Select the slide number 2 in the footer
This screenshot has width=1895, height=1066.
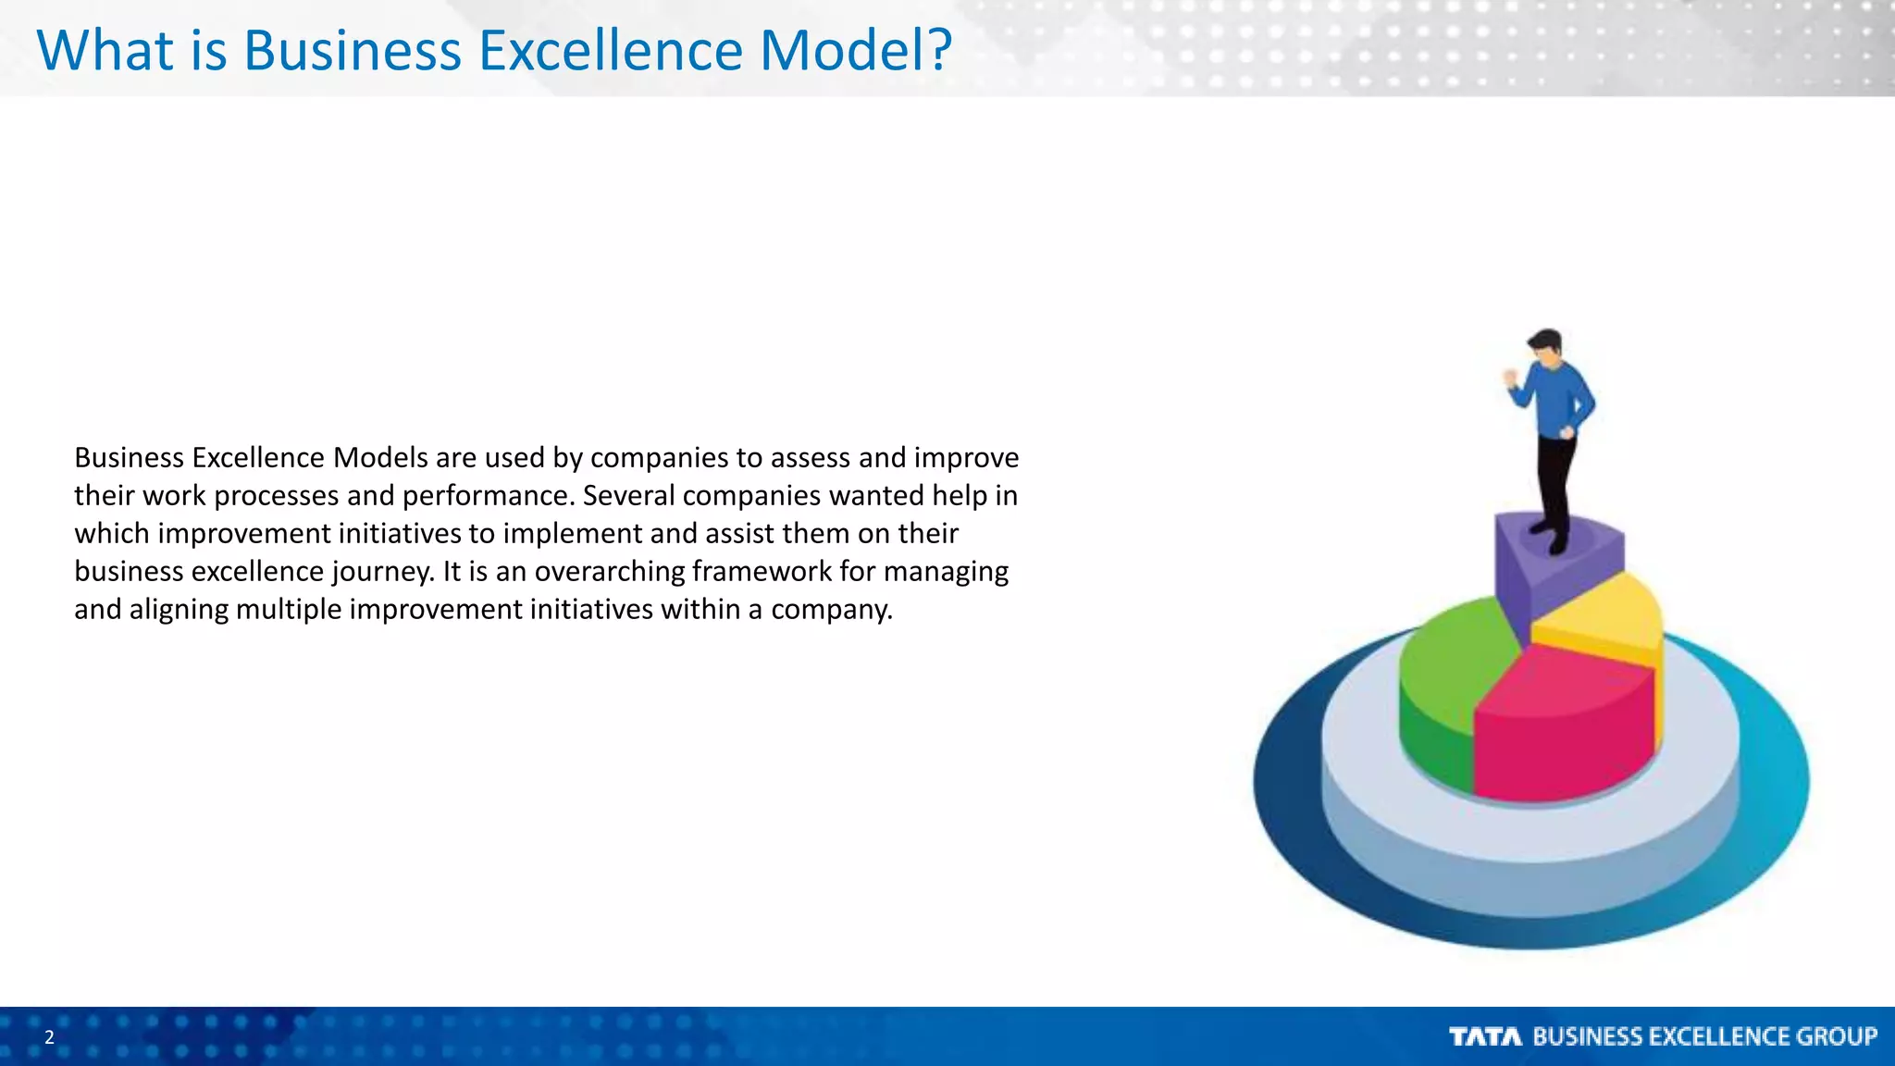pos(50,1037)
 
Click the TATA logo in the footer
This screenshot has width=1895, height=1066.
pos(1485,1036)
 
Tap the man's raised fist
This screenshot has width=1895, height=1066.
pos(1512,378)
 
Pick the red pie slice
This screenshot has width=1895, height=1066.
pos(1564,731)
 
